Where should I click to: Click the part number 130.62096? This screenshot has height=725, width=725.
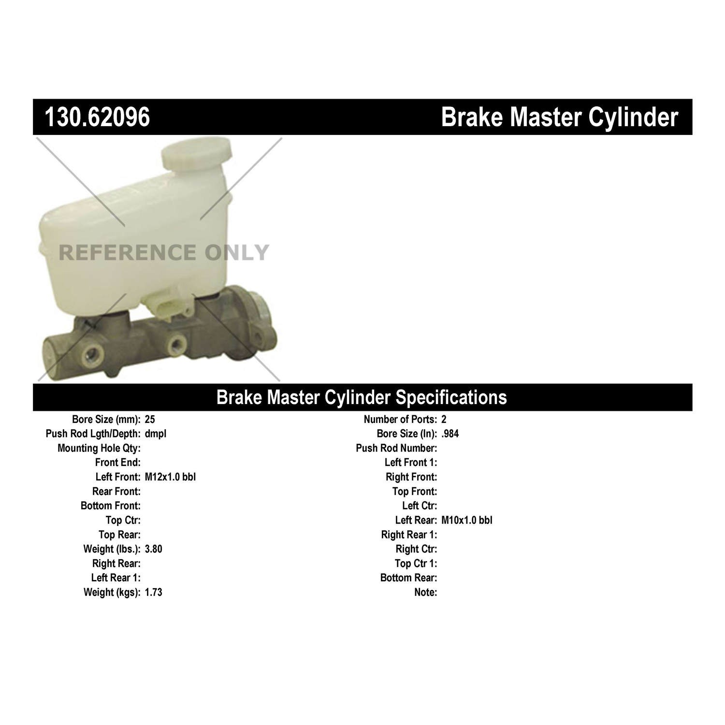97,117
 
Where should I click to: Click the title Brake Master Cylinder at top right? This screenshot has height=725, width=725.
560,117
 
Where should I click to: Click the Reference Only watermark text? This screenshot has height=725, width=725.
164,252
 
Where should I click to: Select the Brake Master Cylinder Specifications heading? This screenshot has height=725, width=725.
362,397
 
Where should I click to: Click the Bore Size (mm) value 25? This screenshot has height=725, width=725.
150,420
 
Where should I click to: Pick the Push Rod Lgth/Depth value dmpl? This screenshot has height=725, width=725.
156,434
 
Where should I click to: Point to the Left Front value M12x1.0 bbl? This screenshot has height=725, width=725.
170,477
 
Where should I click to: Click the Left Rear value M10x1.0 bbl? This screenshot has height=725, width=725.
467,520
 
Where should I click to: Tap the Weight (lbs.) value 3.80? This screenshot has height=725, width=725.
153,549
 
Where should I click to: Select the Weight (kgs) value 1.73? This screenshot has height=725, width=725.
153,592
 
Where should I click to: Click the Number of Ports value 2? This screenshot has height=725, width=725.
444,420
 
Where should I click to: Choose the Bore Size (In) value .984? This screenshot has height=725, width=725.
450,434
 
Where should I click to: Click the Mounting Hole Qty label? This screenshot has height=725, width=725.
99,449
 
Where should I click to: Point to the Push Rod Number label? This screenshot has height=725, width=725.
396,449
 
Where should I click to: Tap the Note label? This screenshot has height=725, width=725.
425,592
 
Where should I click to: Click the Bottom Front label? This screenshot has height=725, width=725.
111,506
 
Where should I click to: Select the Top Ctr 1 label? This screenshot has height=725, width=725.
416,564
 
